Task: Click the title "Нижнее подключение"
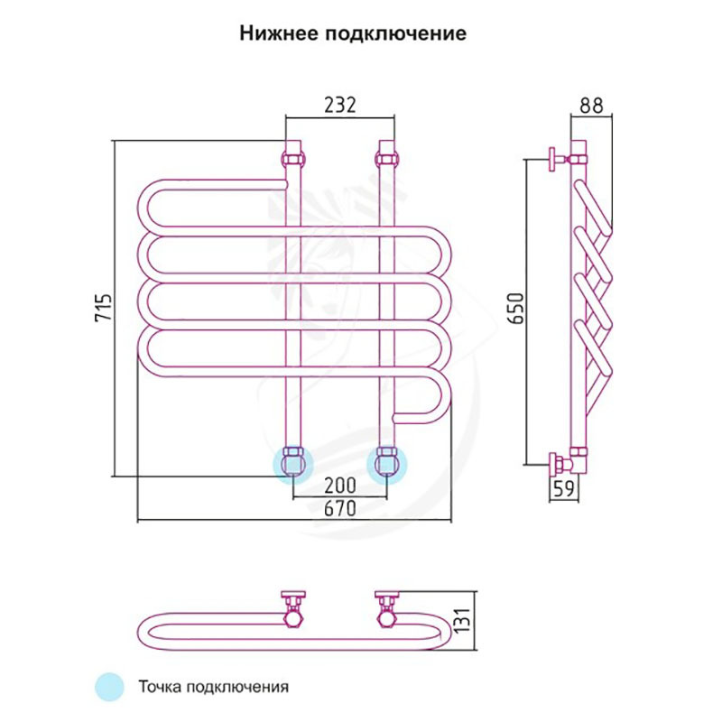pyautogui.click(x=353, y=34)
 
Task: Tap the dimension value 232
pyautogui.click(x=339, y=105)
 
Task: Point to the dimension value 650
pyautogui.click(x=515, y=309)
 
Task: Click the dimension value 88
pyautogui.click(x=592, y=105)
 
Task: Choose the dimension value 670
pyautogui.click(x=339, y=509)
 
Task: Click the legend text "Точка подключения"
pyautogui.click(x=214, y=686)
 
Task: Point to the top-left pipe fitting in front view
pyautogui.click(x=294, y=154)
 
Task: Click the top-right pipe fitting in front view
pyautogui.click(x=387, y=154)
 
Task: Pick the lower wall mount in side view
pyautogui.click(x=558, y=465)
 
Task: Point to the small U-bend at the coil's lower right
pyautogui.click(x=435, y=403)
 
